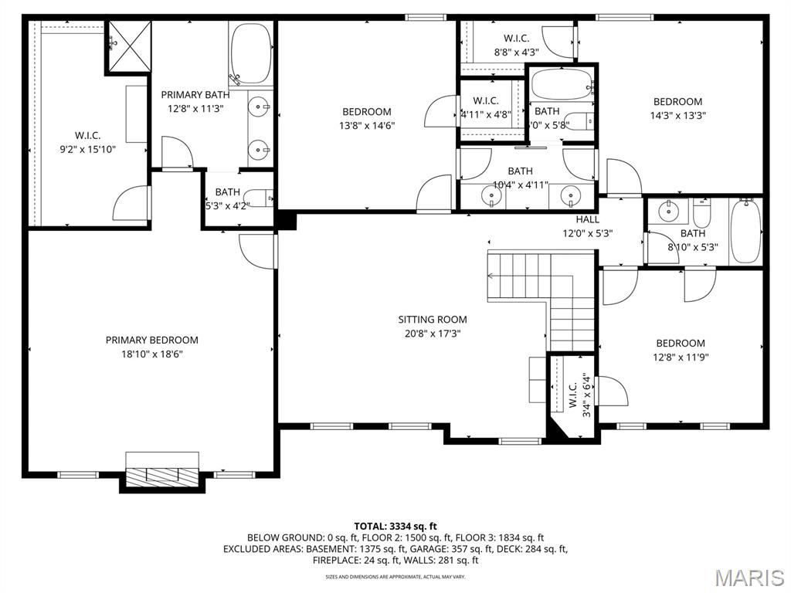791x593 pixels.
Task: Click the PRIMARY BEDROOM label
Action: coord(151,340)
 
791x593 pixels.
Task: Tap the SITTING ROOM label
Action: coord(432,319)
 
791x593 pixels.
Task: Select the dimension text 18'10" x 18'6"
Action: coord(151,354)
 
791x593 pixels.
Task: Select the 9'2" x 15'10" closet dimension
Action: coord(87,150)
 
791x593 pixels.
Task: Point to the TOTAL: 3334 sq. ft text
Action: coord(395,524)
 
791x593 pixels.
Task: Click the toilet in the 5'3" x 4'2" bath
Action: coord(263,198)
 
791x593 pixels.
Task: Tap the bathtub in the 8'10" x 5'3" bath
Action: coord(745,232)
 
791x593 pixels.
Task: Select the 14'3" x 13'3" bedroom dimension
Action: coord(677,115)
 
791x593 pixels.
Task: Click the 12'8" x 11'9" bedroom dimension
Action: coord(680,357)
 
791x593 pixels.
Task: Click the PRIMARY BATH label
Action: coord(195,95)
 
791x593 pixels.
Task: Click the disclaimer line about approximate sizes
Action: coord(395,576)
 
